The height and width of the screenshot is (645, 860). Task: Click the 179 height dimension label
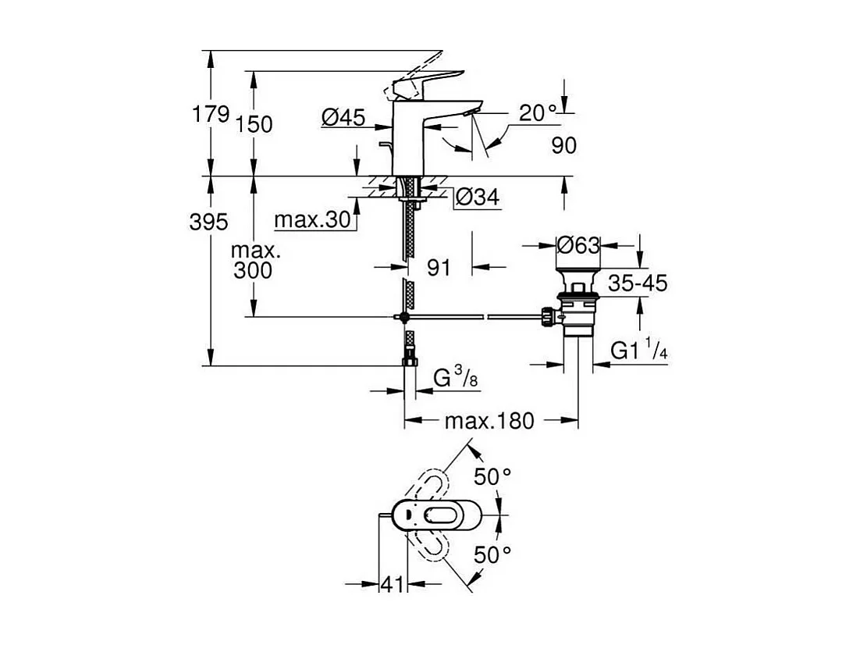pyautogui.click(x=211, y=115)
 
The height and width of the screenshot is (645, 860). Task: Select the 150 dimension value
pyautogui.click(x=255, y=124)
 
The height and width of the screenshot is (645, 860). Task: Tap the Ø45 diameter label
pyautogui.click(x=343, y=118)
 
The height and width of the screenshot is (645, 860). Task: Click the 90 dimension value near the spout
pyautogui.click(x=564, y=146)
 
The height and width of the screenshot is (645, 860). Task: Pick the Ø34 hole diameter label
pyautogui.click(x=476, y=198)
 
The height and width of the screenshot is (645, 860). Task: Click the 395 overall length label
pyautogui.click(x=208, y=223)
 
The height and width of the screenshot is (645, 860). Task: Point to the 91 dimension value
pyautogui.click(x=439, y=268)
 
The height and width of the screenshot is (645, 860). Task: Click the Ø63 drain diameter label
pyautogui.click(x=578, y=246)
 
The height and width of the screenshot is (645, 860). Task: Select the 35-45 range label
pyautogui.click(x=638, y=283)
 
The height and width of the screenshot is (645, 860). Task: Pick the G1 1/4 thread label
pyautogui.click(x=638, y=351)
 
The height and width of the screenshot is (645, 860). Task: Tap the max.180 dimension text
pyautogui.click(x=489, y=422)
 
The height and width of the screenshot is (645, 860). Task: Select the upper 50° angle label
pyautogui.click(x=492, y=477)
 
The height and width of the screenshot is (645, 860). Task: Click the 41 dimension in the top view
pyautogui.click(x=393, y=584)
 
